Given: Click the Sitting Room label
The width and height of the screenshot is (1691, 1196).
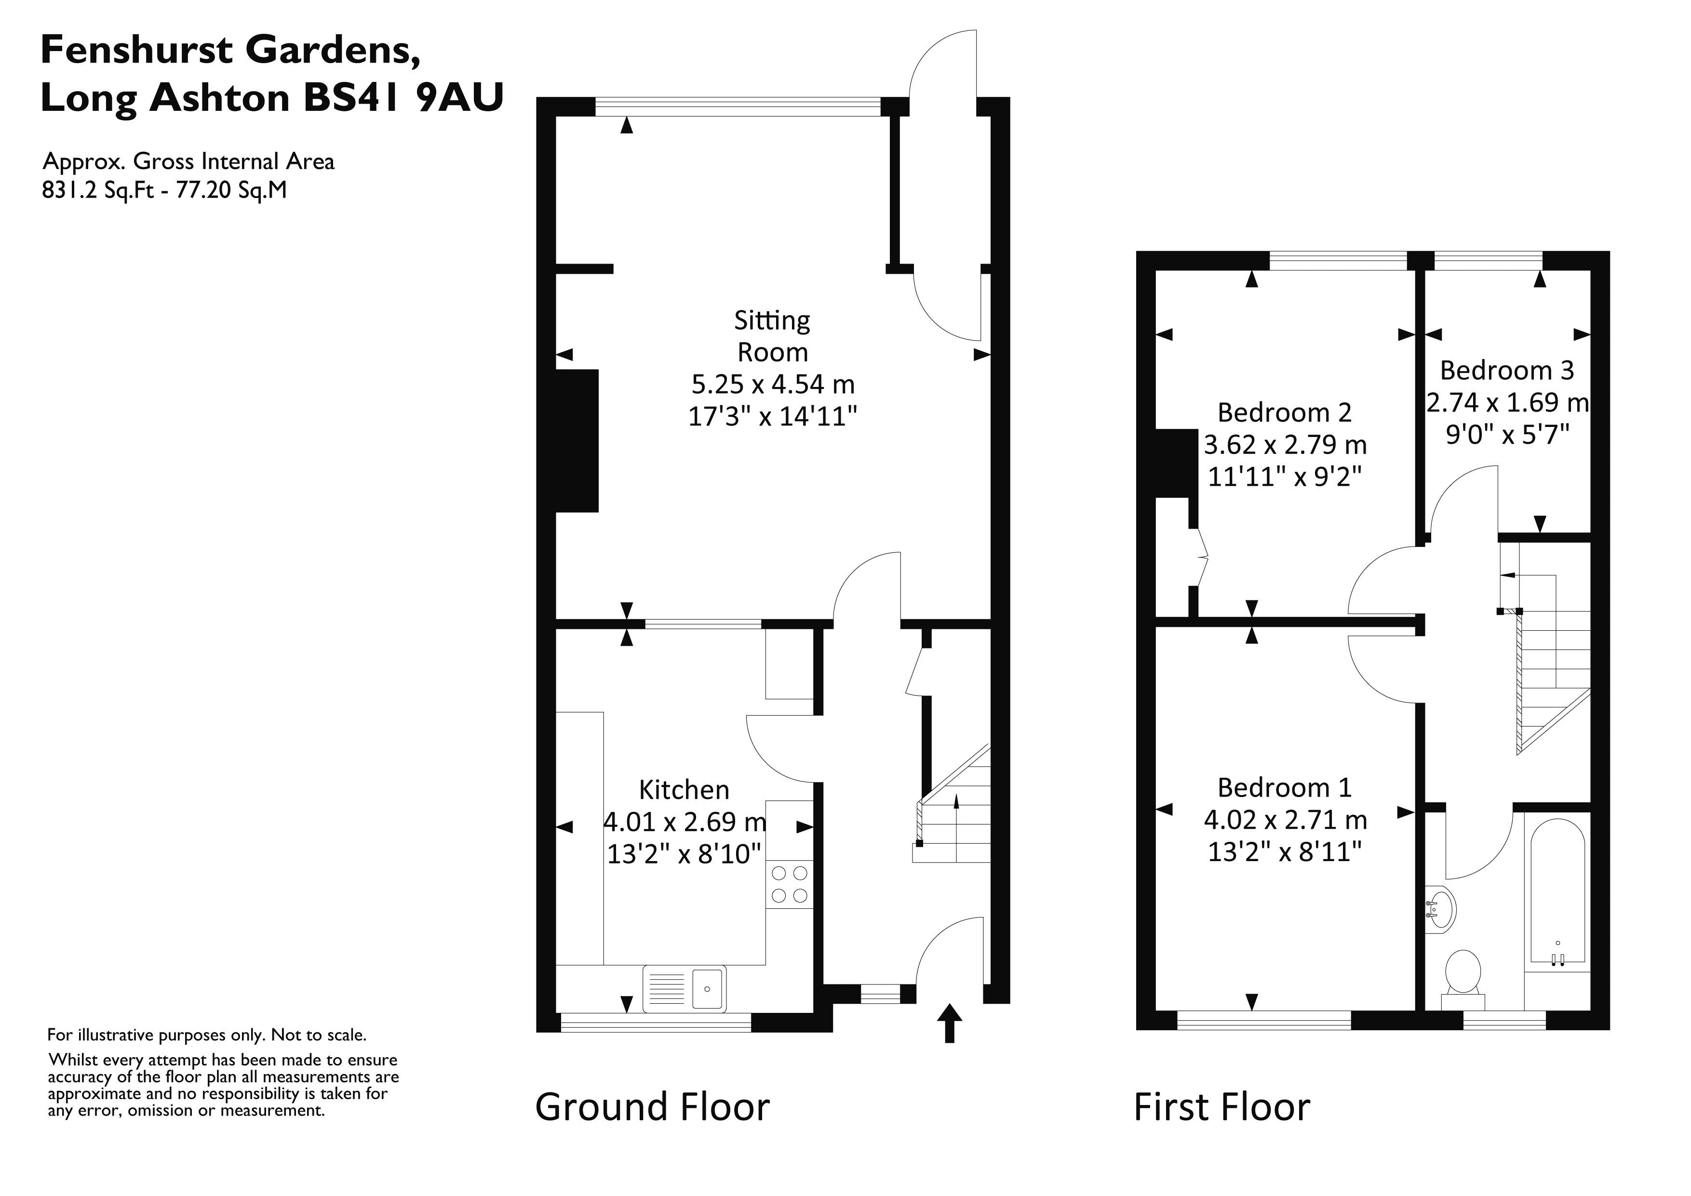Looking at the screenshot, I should [x=772, y=336].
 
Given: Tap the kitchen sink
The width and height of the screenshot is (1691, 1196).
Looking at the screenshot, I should [x=684, y=988].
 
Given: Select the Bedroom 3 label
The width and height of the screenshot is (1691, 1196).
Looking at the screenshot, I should [x=1506, y=370].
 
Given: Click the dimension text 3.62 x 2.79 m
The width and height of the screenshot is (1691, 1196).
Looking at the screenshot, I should [x=1285, y=445].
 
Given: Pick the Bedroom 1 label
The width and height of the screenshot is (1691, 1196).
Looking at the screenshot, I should [x=1285, y=787].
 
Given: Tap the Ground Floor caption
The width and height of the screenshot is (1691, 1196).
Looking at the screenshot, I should [x=652, y=1107].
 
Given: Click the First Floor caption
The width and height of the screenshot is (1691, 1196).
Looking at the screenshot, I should [x=1222, y=1107].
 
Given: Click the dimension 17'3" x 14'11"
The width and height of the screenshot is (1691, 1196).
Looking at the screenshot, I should [x=772, y=417].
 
